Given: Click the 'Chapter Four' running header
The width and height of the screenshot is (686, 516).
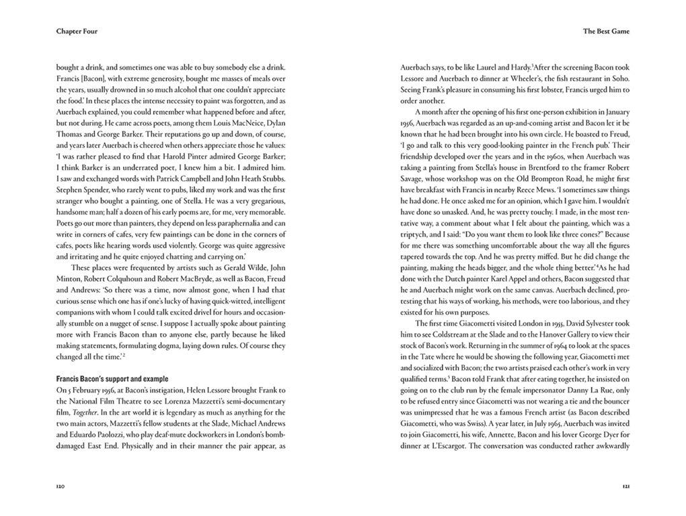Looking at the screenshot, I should tap(77, 31).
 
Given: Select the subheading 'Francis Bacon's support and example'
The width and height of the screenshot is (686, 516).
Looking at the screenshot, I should tap(112, 379).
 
